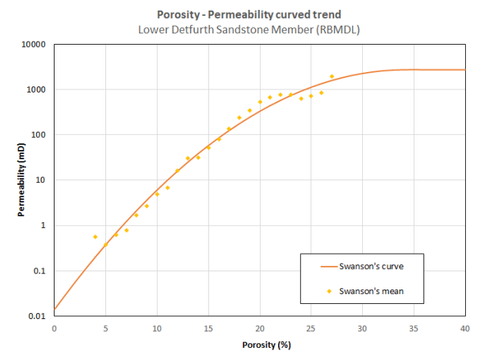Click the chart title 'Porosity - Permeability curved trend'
tap(248, 15)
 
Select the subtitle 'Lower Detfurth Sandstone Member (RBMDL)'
tap(248, 29)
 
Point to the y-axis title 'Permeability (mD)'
tap(22, 180)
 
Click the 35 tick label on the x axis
tap(414, 328)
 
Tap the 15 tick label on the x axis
tap(208, 328)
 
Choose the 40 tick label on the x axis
tap(465, 328)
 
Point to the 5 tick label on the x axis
tap(105, 328)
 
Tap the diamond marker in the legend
tap(318, 290)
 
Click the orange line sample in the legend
tap(318, 267)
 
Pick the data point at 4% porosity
tap(95, 236)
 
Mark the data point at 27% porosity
tap(332, 77)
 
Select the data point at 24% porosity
tap(301, 99)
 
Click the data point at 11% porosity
tap(167, 188)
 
